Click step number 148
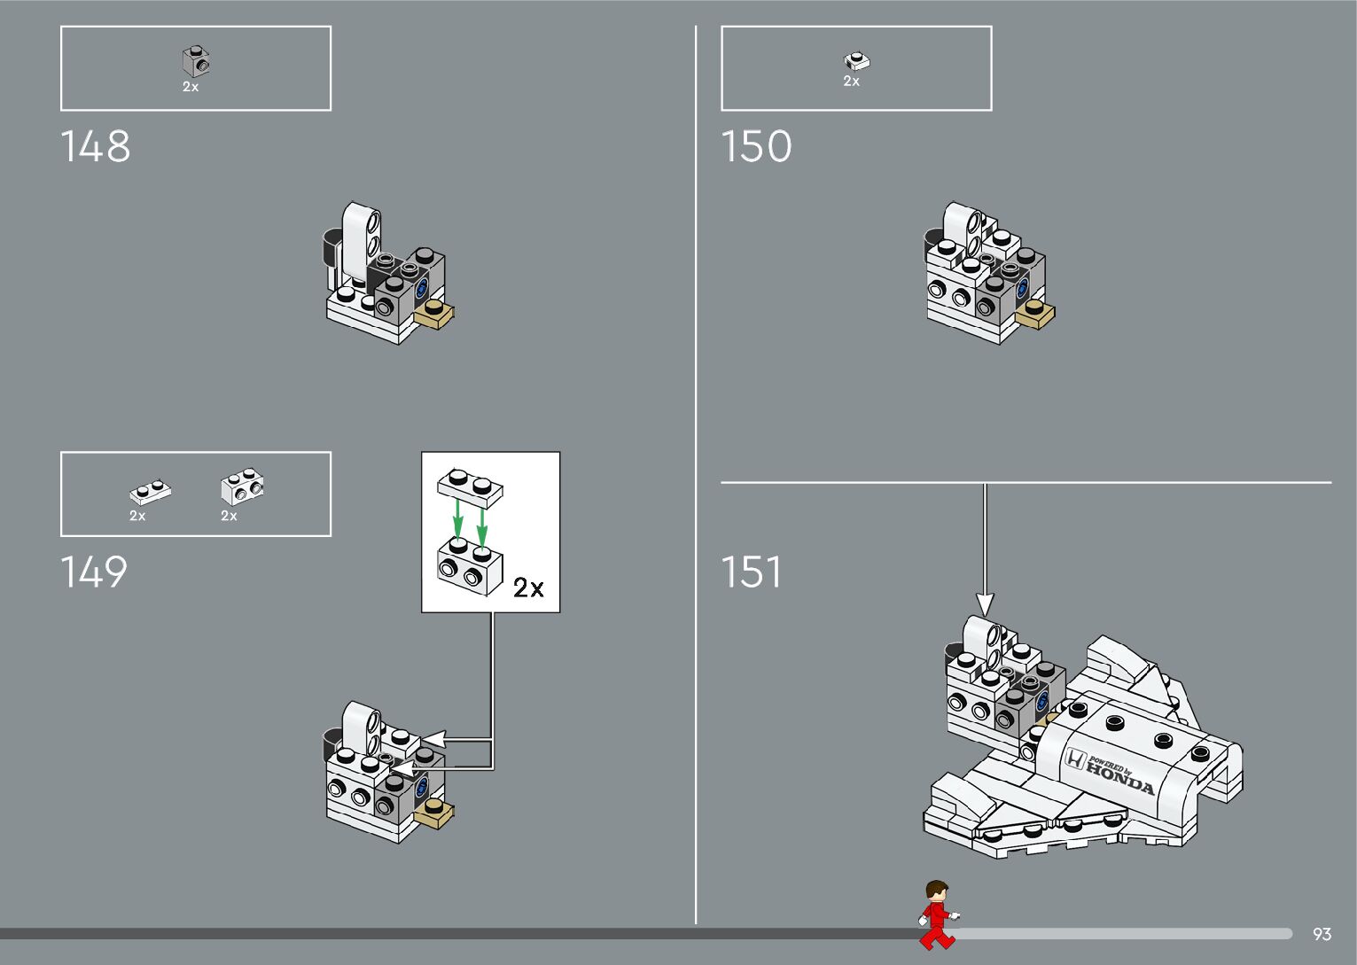(95, 147)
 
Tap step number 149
(94, 572)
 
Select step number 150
(756, 147)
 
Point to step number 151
(751, 572)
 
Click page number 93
(1322, 934)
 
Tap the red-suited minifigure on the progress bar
(937, 914)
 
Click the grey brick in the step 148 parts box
(196, 61)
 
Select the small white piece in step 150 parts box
(856, 60)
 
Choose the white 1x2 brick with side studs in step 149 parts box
(242, 485)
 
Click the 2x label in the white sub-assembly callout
(528, 588)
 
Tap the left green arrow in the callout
(457, 518)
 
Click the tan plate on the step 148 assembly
(435, 314)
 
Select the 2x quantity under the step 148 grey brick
(191, 87)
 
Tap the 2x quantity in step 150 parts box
(851, 82)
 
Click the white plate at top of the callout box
(469, 486)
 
